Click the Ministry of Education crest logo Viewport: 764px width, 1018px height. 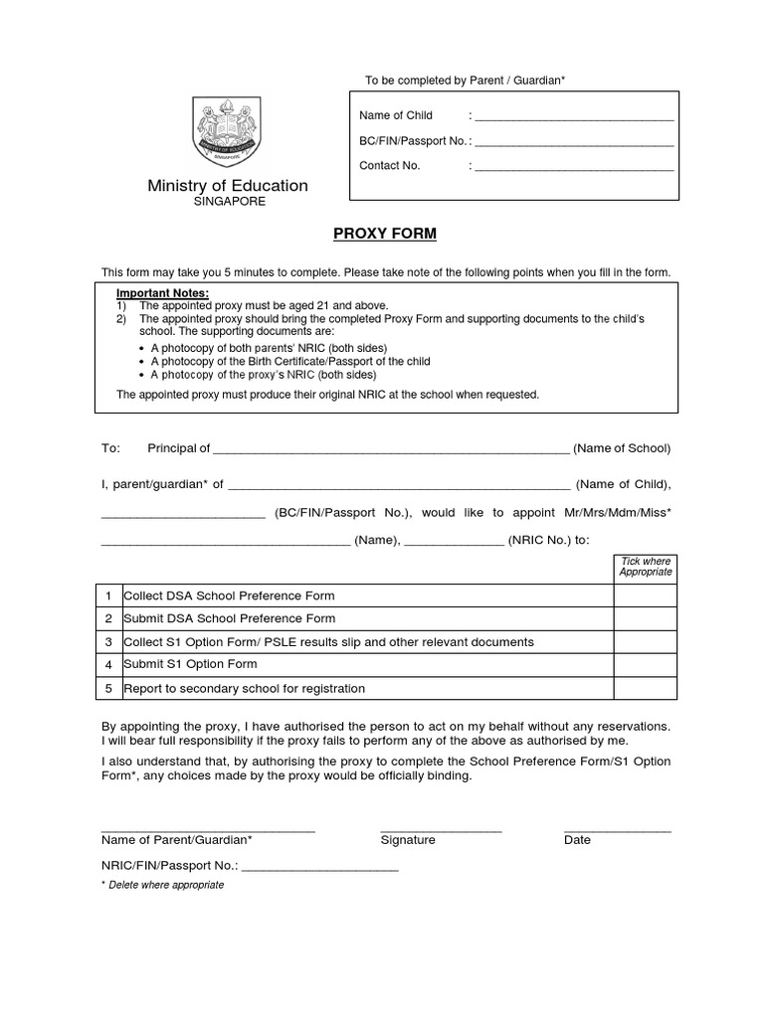pyautogui.click(x=228, y=134)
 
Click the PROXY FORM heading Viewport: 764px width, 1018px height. pyautogui.click(x=383, y=235)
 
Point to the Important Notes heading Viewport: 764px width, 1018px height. pyautogui.click(x=162, y=293)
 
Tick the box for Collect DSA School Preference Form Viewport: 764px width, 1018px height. pyautogui.click(x=645, y=595)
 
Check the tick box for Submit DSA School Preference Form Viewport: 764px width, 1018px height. pyautogui.click(x=645, y=618)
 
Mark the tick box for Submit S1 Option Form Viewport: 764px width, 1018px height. pyautogui.click(x=645, y=665)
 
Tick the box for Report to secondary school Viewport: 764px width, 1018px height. pyautogui.click(x=645, y=688)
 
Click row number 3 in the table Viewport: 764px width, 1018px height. pyautogui.click(x=108, y=642)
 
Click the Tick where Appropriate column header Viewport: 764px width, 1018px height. pyautogui.click(x=645, y=567)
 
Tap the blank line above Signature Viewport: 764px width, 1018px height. pyautogui.click(x=441, y=829)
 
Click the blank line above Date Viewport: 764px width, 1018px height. pyautogui.click(x=617, y=829)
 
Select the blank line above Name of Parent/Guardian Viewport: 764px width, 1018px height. pyautogui.click(x=208, y=829)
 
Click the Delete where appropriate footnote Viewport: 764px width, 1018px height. pyautogui.click(x=165, y=885)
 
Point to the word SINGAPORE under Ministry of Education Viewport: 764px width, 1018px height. pyautogui.click(x=229, y=202)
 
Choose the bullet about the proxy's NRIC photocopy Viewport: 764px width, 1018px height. pyautogui.click(x=264, y=376)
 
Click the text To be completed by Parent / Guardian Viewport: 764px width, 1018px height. pyautogui.click(x=465, y=80)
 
